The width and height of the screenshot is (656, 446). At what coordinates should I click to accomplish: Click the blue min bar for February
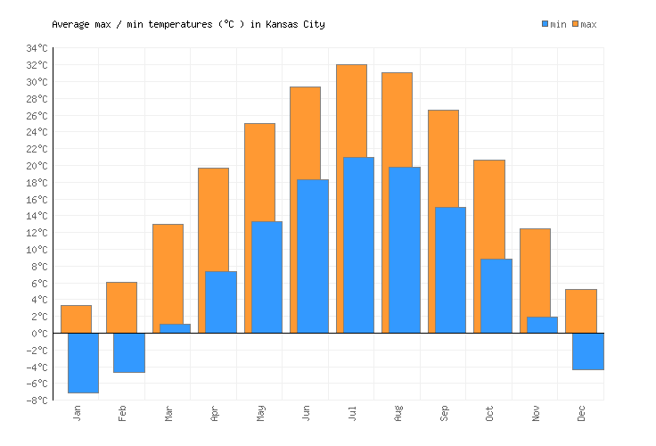(128, 352)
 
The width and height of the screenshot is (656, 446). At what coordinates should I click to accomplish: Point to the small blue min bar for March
(175, 328)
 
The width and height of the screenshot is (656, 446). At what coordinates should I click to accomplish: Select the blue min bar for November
(542, 325)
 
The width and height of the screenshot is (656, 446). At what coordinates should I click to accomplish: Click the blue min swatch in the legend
(545, 24)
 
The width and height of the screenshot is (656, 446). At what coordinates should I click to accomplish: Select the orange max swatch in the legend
(576, 24)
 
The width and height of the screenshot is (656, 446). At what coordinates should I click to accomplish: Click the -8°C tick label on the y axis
(37, 401)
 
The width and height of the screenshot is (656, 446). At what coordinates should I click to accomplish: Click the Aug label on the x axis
(398, 413)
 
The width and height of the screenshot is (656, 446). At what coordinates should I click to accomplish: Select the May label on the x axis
(259, 413)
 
